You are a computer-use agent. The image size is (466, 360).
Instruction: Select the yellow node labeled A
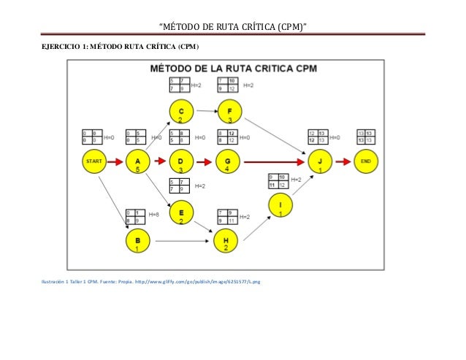pos(137,161)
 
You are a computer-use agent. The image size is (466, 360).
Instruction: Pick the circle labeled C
pos(180,112)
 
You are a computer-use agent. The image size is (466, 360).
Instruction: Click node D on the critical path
pos(180,161)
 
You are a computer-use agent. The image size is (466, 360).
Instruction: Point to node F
pos(229,112)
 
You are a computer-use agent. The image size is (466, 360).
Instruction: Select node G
pos(227,161)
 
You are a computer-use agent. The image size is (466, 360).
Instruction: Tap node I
pos(280,205)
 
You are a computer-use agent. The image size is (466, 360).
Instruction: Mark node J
pos(319,161)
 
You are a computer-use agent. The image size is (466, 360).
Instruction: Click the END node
pos(366,161)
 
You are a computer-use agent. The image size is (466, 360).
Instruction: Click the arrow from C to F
pos(205,112)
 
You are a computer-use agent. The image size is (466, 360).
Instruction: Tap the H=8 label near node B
pos(153,215)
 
